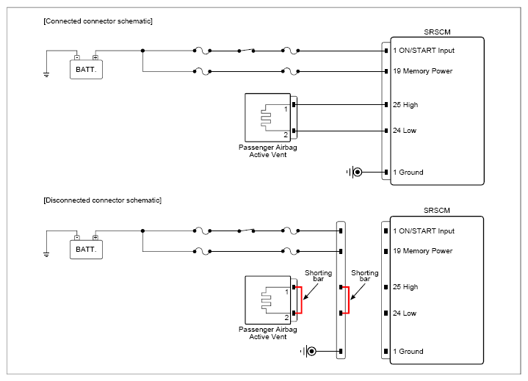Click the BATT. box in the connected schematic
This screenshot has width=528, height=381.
(x=86, y=69)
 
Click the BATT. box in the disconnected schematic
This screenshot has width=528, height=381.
(x=86, y=250)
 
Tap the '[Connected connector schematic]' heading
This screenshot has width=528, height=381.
(x=98, y=21)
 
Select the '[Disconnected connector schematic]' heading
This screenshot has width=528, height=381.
(x=102, y=200)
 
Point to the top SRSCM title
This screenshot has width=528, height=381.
(x=437, y=32)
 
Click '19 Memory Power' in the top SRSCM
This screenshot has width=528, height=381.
(x=422, y=71)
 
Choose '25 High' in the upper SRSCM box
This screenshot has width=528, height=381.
(x=405, y=105)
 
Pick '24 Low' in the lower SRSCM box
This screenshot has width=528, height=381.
(x=405, y=313)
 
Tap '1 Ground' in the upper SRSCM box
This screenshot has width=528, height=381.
(x=408, y=173)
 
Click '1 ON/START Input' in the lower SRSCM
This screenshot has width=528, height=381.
(x=424, y=231)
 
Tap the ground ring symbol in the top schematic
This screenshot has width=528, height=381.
(x=358, y=173)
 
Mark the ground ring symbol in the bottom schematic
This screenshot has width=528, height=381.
(x=311, y=352)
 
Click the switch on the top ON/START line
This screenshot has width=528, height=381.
(x=246, y=51)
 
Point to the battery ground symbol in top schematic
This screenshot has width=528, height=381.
(x=46, y=74)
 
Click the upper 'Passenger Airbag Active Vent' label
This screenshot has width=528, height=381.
(x=268, y=151)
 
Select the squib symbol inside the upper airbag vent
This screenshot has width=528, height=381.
(x=266, y=117)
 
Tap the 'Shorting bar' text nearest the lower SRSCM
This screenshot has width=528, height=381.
(x=365, y=275)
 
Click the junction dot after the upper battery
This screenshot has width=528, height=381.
(x=142, y=51)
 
